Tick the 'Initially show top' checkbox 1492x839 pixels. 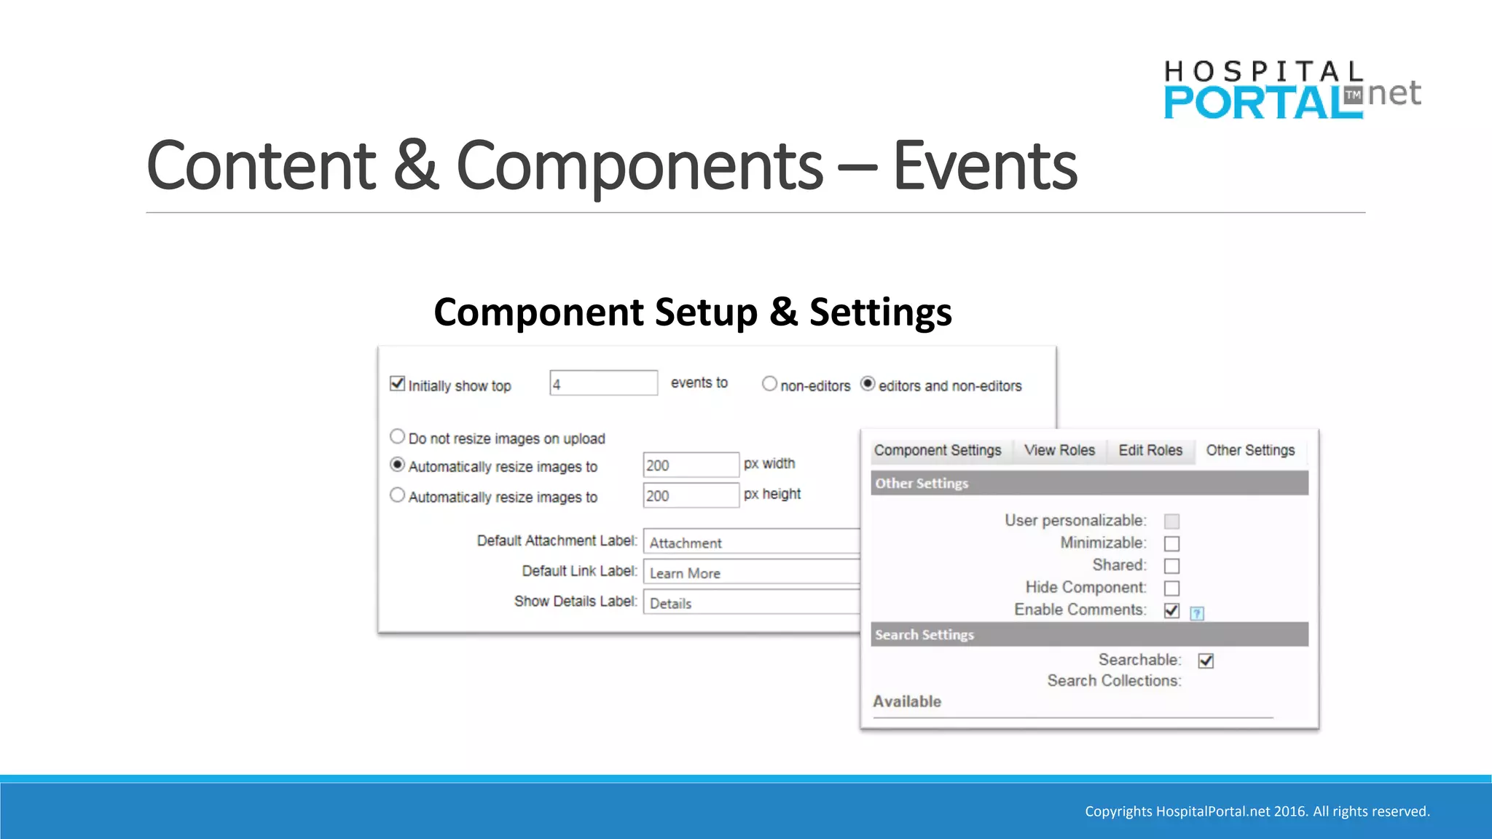click(x=397, y=383)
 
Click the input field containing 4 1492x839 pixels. click(x=603, y=383)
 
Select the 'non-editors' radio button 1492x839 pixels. click(x=769, y=384)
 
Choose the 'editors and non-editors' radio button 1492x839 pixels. click(x=868, y=384)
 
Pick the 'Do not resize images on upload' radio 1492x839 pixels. click(x=397, y=436)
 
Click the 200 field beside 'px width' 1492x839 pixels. click(x=690, y=465)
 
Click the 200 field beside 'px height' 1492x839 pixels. click(x=690, y=495)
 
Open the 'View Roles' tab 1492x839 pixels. click(x=1059, y=450)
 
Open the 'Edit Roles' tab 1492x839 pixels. click(x=1150, y=450)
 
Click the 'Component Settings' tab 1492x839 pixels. click(x=938, y=450)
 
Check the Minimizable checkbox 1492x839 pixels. click(x=1171, y=543)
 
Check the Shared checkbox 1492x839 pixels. click(x=1171, y=566)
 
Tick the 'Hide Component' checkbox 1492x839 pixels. click(x=1171, y=588)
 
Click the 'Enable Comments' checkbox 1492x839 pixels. click(x=1171, y=610)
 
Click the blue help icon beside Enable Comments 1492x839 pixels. click(x=1197, y=613)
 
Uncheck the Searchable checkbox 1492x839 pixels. click(x=1206, y=661)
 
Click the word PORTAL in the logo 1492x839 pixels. click(x=1262, y=103)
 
